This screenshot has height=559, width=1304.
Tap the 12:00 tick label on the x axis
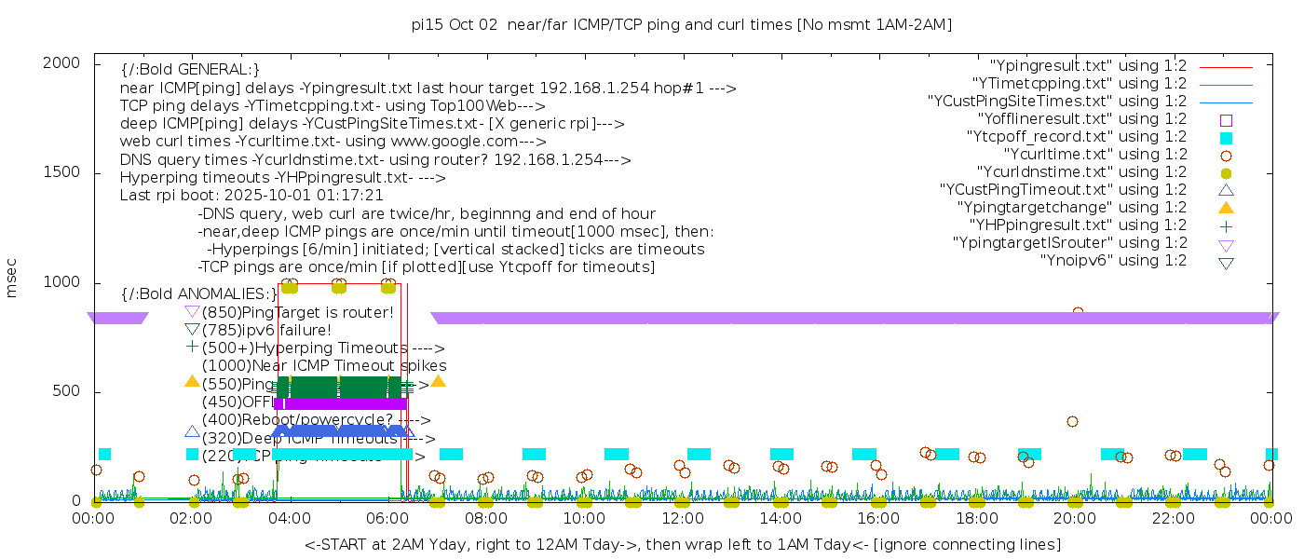[x=682, y=520]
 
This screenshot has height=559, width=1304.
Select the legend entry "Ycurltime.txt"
[x=1095, y=155]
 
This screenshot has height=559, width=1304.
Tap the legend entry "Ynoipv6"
[x=1113, y=261]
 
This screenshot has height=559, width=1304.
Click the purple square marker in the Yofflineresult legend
[x=1226, y=119]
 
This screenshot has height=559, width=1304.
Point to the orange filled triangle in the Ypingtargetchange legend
[x=1226, y=207]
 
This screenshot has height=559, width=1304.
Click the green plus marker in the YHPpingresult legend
[x=1226, y=225]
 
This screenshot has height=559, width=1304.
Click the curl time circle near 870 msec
[x=1078, y=313]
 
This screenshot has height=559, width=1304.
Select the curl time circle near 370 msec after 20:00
[x=1072, y=421]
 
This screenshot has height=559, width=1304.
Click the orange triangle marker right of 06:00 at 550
[x=438, y=381]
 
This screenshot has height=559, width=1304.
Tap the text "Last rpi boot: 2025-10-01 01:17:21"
[x=251, y=196]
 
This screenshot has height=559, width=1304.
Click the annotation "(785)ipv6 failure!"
[x=266, y=330]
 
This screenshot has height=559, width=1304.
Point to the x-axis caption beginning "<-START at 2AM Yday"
[x=682, y=544]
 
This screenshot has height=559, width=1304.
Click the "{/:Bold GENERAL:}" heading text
[x=190, y=70]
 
